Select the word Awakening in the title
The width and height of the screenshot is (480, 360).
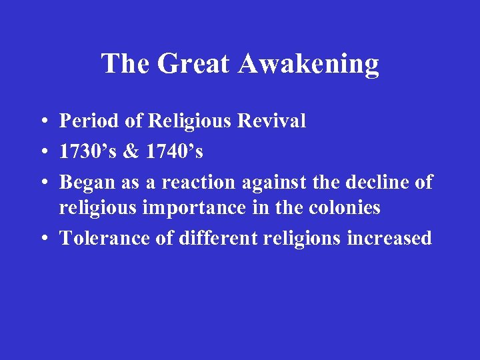click(x=308, y=64)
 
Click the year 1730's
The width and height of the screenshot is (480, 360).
click(x=87, y=151)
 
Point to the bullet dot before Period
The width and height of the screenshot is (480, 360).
click(x=42, y=122)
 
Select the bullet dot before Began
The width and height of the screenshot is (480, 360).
click(x=42, y=183)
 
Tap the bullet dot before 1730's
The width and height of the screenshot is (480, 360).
click(x=42, y=153)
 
